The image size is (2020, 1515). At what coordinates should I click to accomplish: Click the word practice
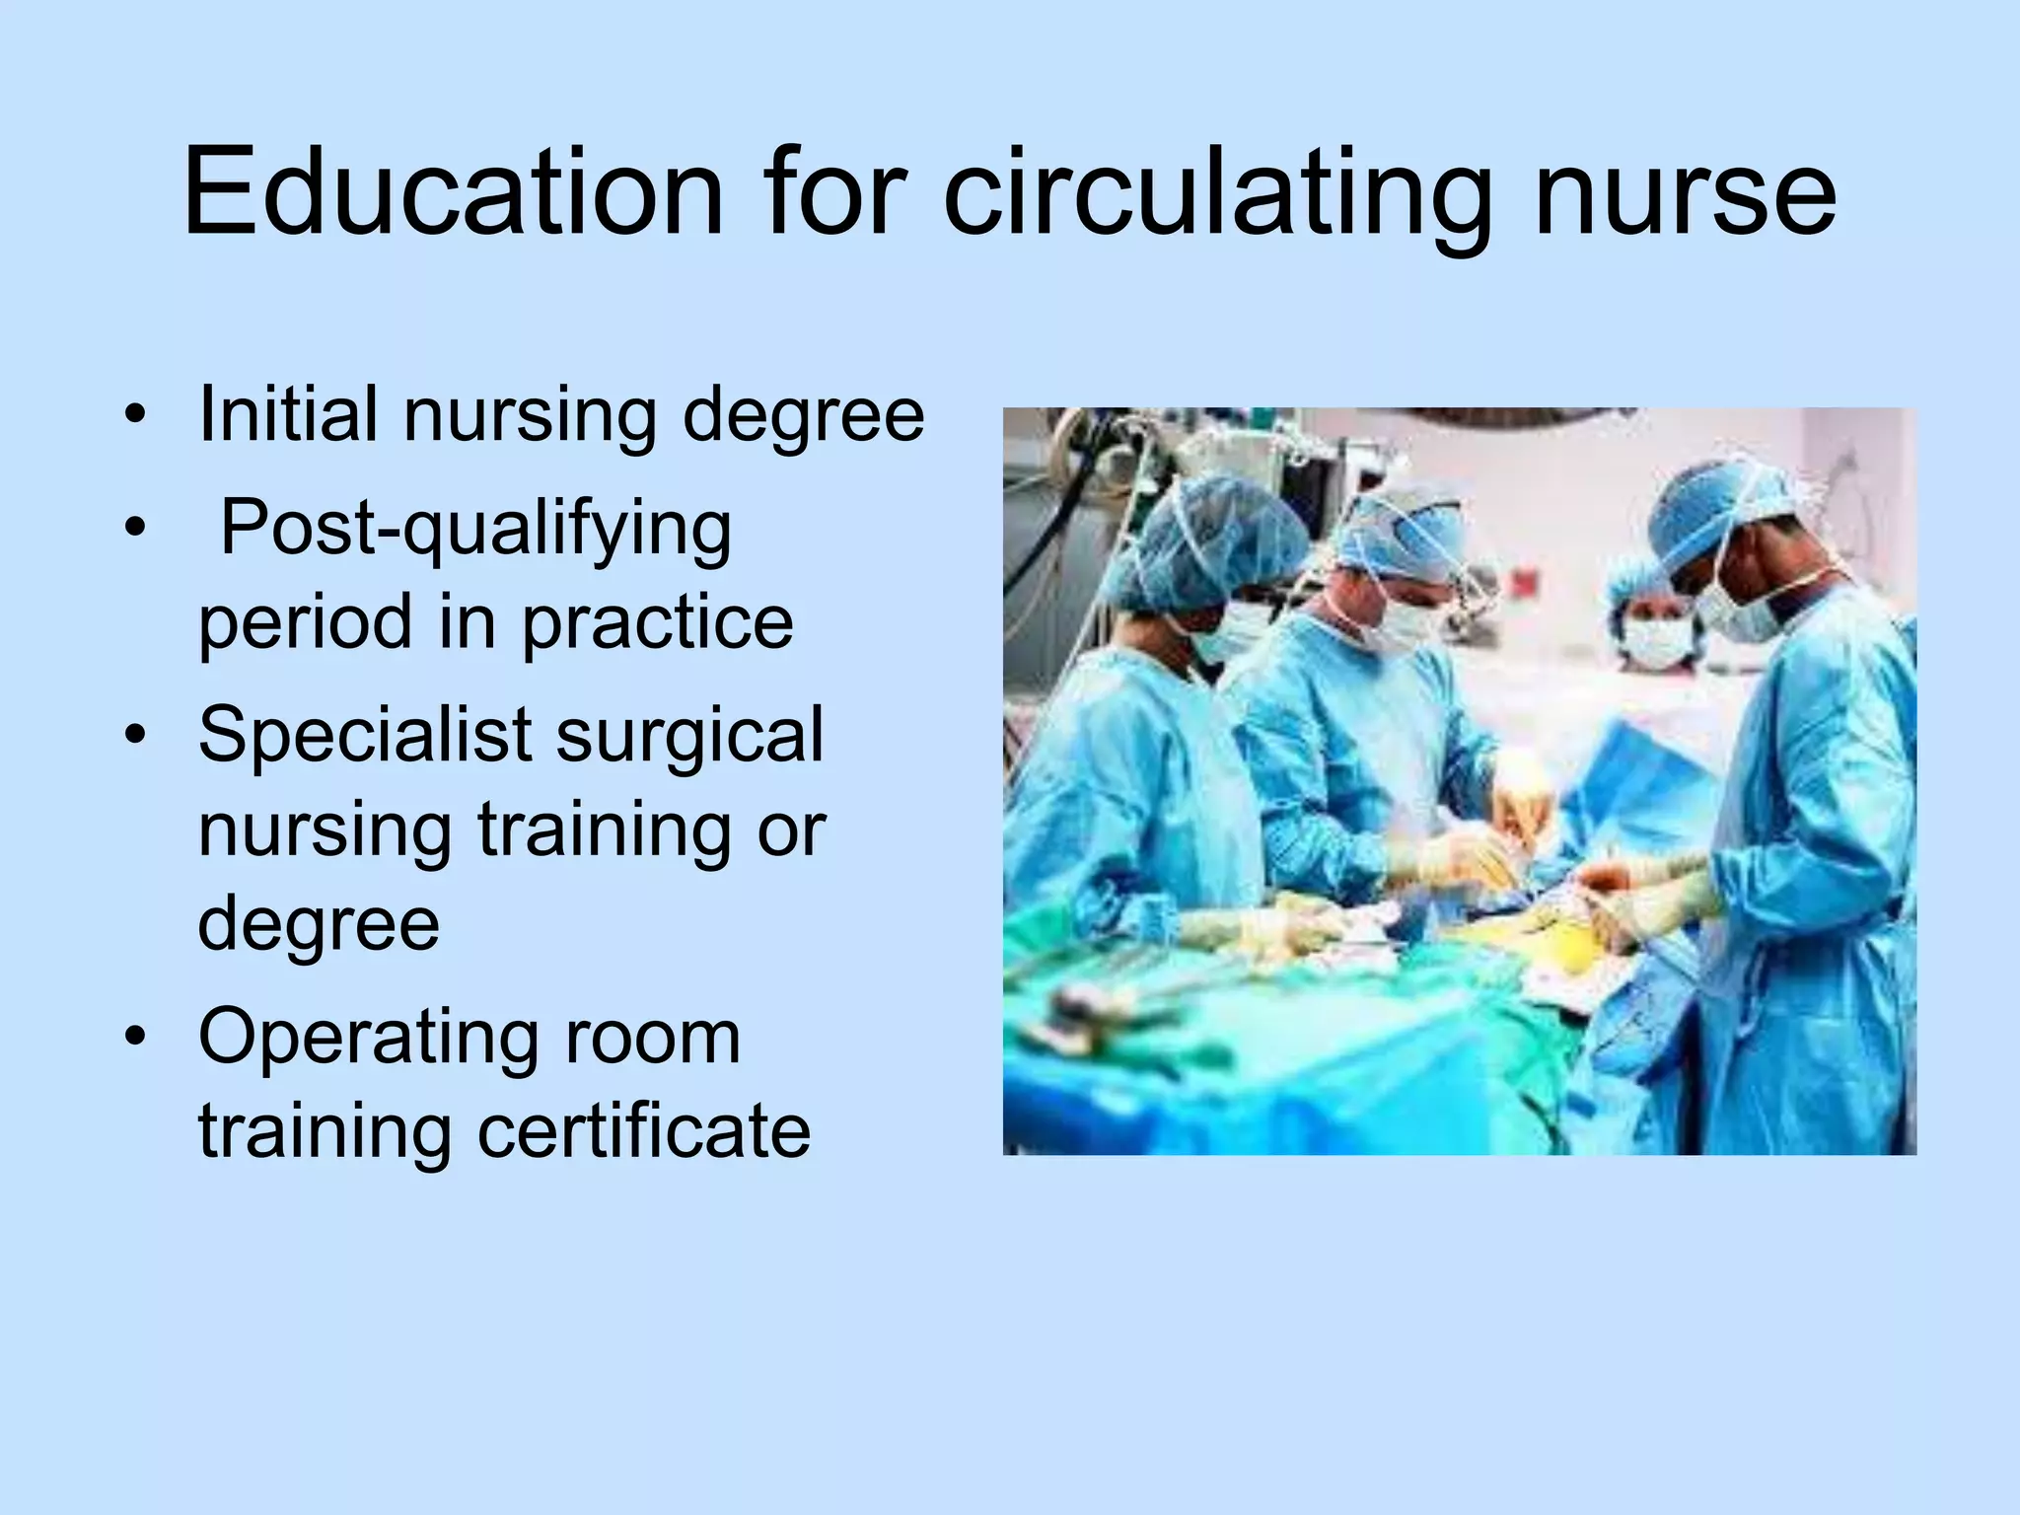(657, 621)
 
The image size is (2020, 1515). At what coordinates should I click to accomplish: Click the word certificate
(644, 1130)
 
